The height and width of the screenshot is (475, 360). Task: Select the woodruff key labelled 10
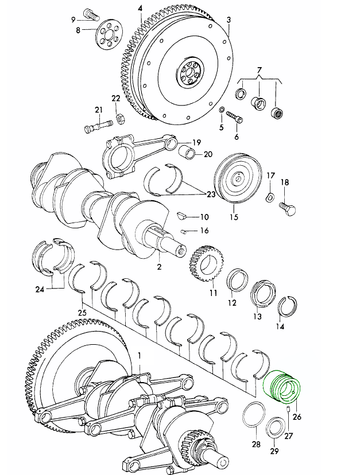click(181, 216)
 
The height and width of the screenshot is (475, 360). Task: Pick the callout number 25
click(82, 313)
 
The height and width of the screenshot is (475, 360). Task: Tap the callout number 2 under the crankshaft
click(160, 267)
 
